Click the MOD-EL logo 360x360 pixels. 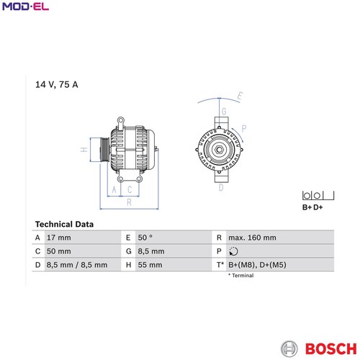[25, 6]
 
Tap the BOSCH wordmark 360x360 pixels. [331, 348]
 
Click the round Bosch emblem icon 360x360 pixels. [289, 348]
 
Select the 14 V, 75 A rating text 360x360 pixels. [57, 84]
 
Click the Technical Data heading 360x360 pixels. [64, 224]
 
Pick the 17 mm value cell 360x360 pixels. [59, 238]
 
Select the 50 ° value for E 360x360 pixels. [145, 238]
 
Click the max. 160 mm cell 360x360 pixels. [252, 238]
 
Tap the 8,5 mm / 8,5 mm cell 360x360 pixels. [77, 265]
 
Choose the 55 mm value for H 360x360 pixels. [150, 265]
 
